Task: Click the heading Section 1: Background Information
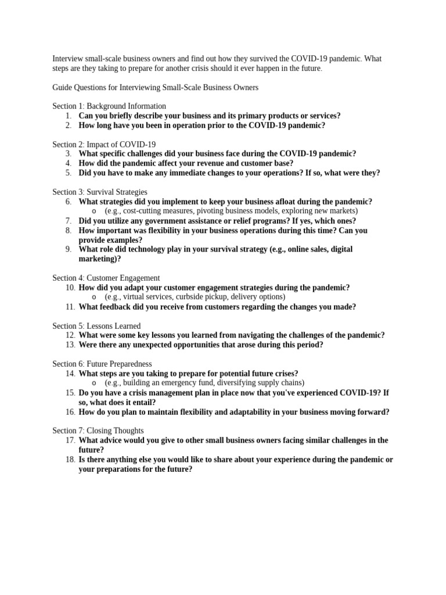coord(109,106)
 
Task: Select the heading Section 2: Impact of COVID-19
coord(104,144)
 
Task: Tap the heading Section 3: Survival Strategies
coord(99,192)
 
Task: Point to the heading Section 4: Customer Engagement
coord(106,278)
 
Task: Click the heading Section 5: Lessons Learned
coord(96,326)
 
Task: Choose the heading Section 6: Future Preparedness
coord(102,364)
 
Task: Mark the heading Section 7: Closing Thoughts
coord(98,431)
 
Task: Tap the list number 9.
coord(68,249)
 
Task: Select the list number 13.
coord(70,345)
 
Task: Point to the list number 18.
coord(70,459)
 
